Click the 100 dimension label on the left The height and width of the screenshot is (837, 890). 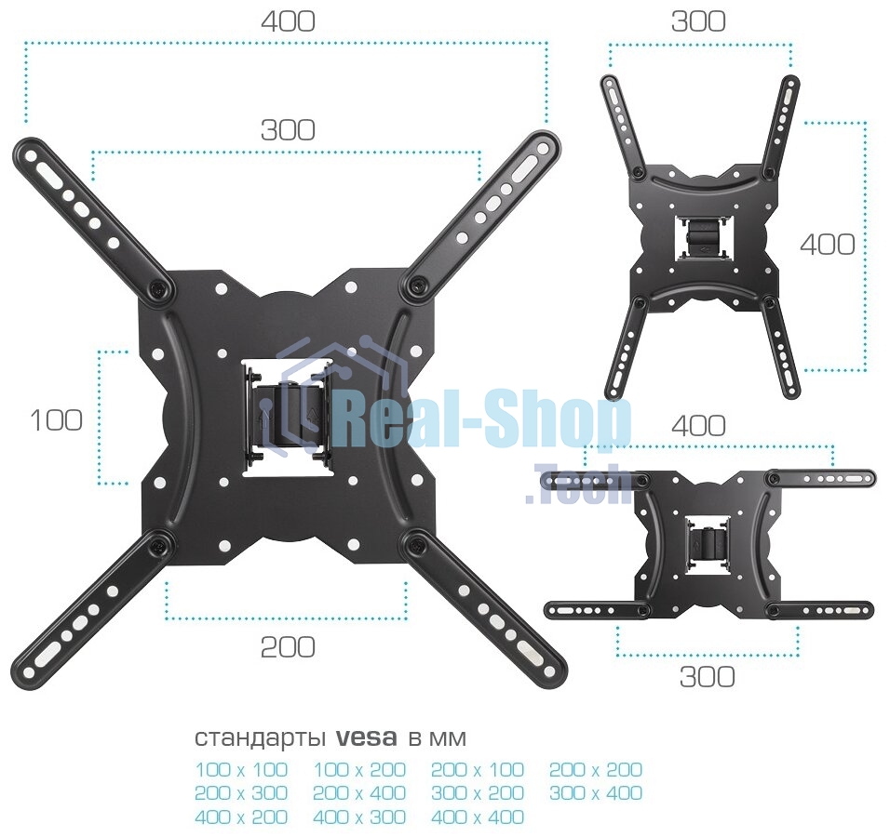coord(56,420)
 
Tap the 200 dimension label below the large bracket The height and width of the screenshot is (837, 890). coord(288,647)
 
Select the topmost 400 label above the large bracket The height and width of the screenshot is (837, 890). coord(288,21)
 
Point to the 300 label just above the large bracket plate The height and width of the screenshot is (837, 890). coord(288,130)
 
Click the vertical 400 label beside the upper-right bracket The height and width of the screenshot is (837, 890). coord(828,245)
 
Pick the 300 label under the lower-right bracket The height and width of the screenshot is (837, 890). coord(708,676)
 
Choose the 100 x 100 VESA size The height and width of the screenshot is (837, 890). coord(241,769)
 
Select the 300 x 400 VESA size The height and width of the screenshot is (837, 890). coord(596,792)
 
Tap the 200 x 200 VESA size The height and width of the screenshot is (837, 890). coord(596,769)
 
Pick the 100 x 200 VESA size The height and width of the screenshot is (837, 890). coord(359,769)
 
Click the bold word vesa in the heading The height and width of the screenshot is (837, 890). coord(367,737)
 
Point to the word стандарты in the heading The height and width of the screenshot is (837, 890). coord(261,738)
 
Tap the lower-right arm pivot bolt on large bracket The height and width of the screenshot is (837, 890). coord(417,546)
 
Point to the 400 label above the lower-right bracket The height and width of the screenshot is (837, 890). coord(699,425)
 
